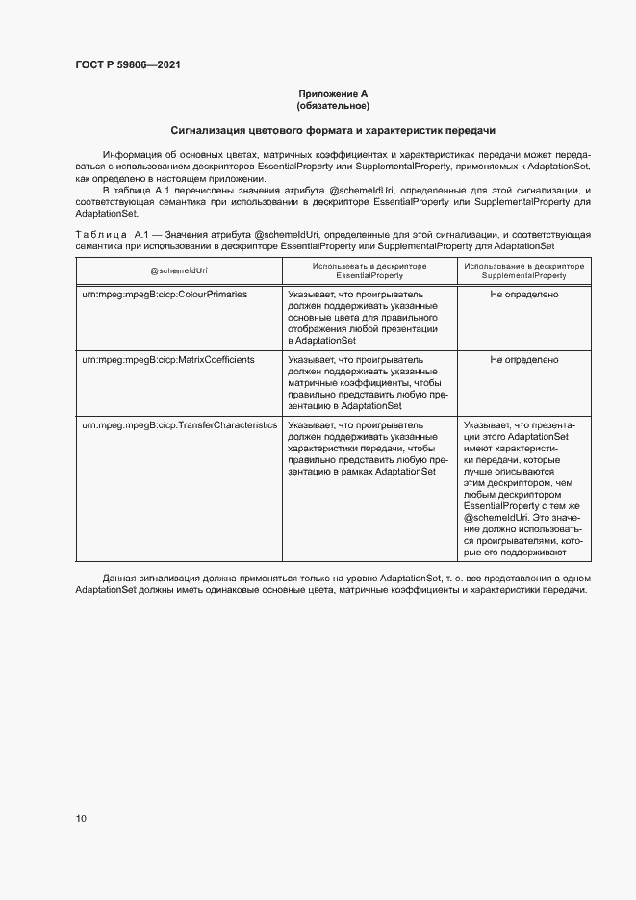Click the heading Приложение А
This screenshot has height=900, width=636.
click(333, 93)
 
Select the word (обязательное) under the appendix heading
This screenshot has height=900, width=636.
click(333, 105)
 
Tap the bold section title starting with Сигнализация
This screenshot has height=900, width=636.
click(333, 130)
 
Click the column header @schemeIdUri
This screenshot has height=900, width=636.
click(179, 270)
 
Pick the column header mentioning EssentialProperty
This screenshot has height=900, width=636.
click(369, 270)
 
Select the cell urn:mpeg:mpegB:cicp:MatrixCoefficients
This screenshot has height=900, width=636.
click(167, 359)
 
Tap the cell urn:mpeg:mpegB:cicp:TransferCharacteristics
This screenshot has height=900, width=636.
click(179, 424)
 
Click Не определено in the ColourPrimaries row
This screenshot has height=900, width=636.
click(523, 295)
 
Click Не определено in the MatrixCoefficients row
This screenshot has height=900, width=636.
click(523, 359)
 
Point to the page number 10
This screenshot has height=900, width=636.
click(81, 819)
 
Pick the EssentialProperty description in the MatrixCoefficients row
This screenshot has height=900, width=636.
click(368, 382)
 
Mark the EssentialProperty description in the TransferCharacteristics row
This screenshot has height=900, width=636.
click(368, 448)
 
